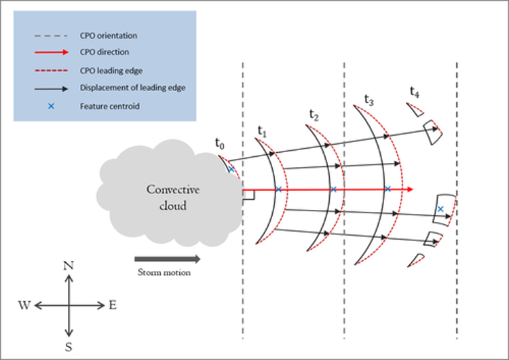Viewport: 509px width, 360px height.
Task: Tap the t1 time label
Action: click(262, 130)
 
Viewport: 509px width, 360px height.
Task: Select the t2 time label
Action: click(314, 115)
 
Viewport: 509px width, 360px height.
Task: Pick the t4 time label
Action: click(413, 90)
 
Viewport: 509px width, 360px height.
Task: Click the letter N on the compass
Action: click(69, 266)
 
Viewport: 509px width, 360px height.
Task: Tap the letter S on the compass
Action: click(69, 344)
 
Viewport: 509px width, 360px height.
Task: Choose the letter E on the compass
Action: click(112, 306)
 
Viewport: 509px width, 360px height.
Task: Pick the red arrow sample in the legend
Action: click(50, 53)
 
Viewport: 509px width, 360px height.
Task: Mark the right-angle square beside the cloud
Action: click(249, 196)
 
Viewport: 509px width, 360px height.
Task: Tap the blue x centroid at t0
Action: click(231, 169)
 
